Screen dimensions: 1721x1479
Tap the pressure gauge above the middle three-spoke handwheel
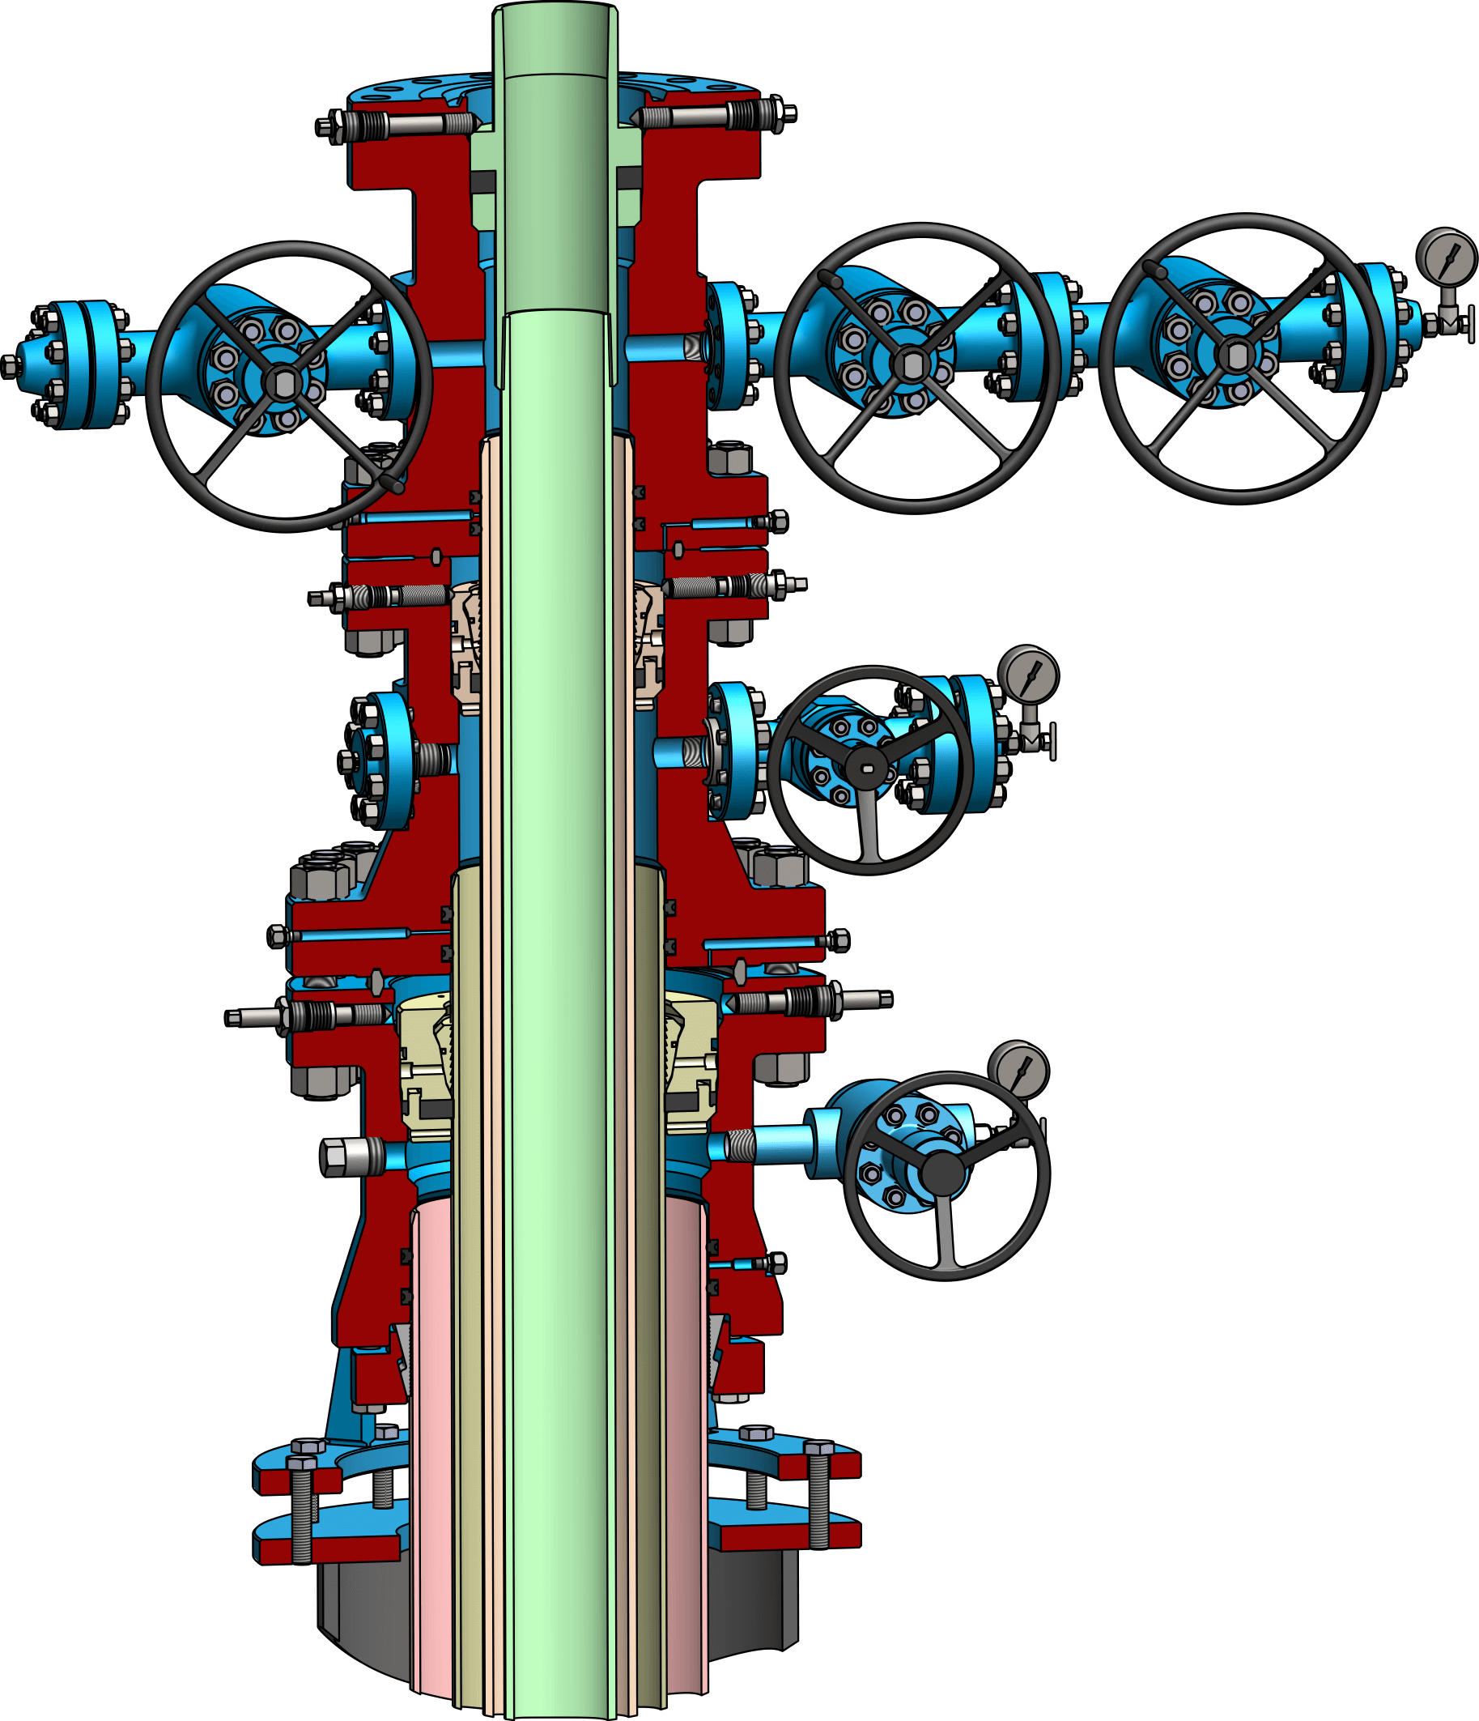coord(1028,675)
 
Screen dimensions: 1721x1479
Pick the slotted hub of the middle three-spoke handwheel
coord(866,768)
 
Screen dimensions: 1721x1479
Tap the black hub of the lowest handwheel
coord(943,1173)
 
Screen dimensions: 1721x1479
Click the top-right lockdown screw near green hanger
coord(714,115)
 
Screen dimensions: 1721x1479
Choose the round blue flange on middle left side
coord(380,760)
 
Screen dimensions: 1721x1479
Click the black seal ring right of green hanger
coord(629,176)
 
